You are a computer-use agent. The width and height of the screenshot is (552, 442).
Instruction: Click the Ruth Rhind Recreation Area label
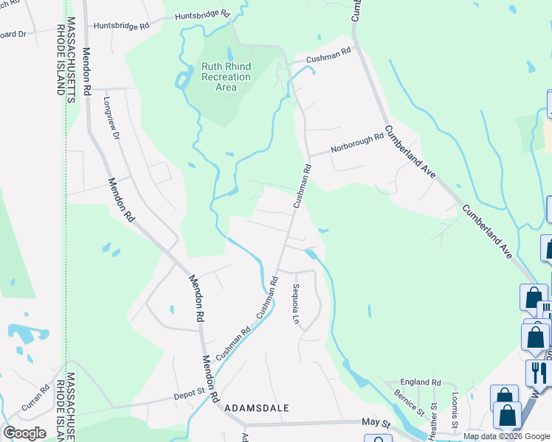pyautogui.click(x=226, y=77)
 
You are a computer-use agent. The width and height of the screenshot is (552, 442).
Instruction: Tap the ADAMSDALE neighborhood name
pyautogui.click(x=256, y=407)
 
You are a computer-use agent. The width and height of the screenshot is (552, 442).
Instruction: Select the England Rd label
pyautogui.click(x=420, y=383)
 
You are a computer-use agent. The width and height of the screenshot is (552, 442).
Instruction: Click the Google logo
pyautogui.click(x=24, y=433)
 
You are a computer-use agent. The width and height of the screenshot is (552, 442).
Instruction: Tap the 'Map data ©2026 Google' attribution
pyautogui.click(x=506, y=436)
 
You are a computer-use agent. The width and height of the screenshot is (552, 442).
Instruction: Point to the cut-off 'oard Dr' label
pyautogui.click(x=13, y=34)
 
